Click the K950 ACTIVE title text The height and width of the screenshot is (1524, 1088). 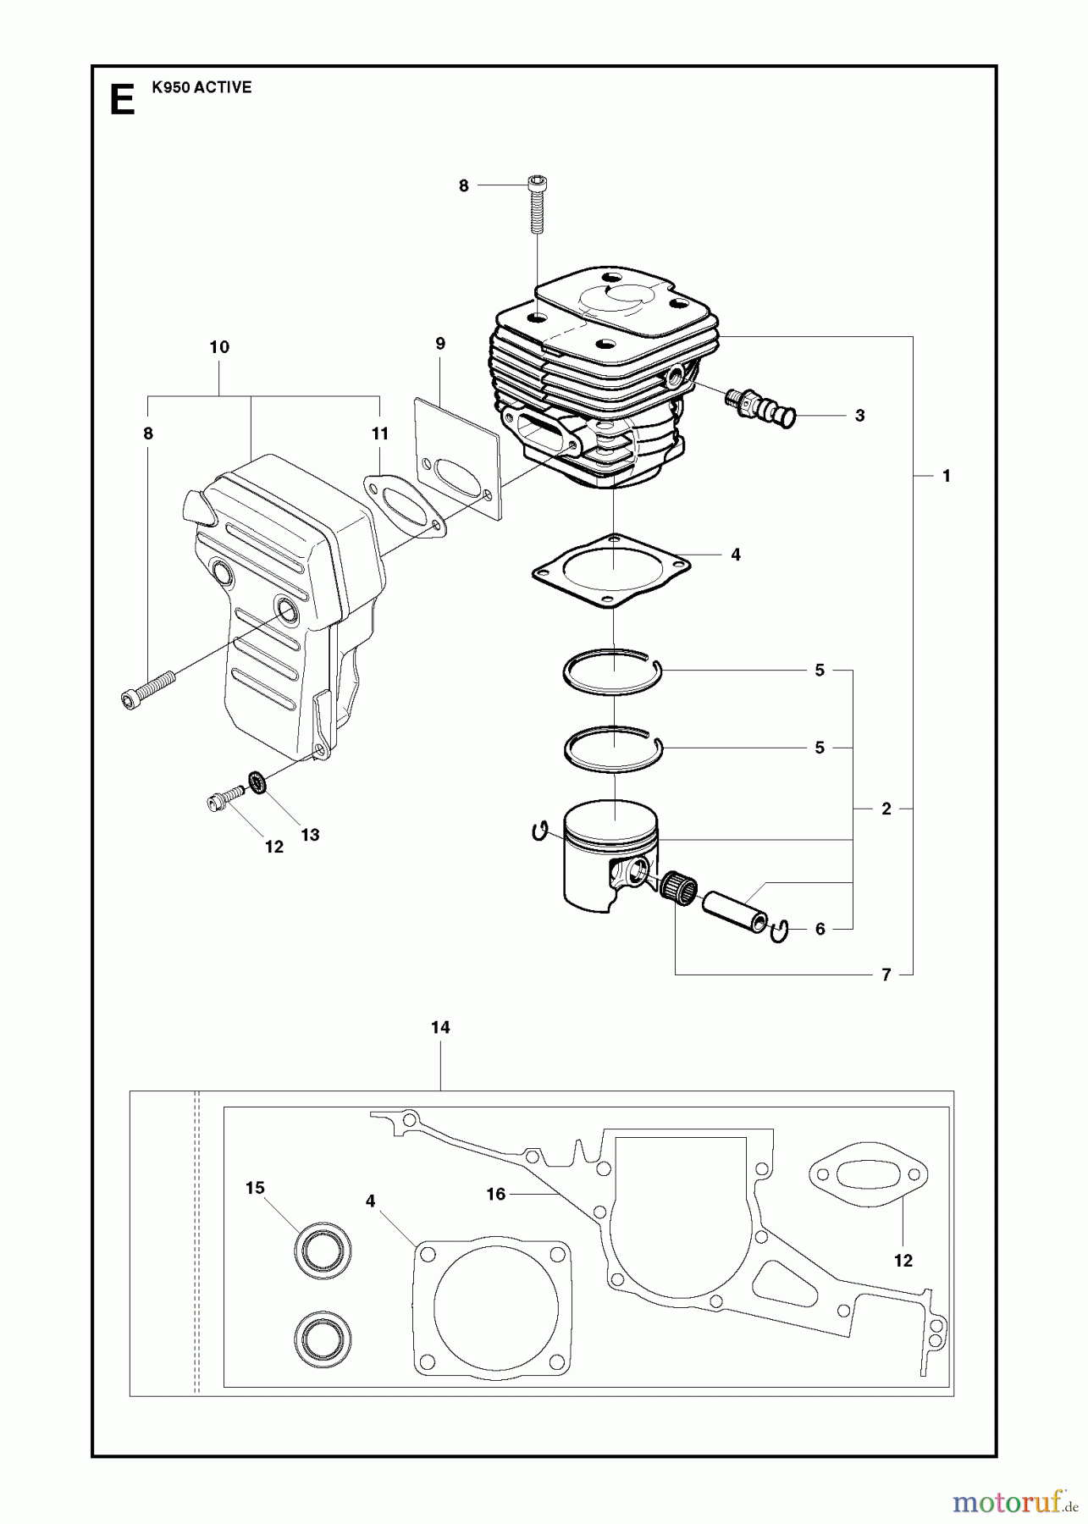coord(202,87)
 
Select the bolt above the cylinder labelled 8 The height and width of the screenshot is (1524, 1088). coord(537,204)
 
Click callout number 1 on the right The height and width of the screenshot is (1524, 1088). coord(947,477)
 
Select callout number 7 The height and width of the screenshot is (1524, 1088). coord(886,975)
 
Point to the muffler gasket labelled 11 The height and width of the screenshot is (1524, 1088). coord(403,505)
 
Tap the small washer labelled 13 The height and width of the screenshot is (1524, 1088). coord(257,781)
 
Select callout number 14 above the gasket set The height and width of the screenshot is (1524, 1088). coord(440,1028)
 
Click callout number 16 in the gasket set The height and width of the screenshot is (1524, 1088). coord(496,1195)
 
